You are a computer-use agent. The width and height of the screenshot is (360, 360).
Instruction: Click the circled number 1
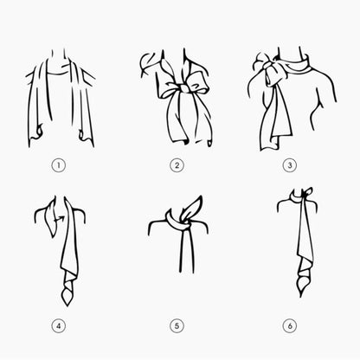[x=59, y=165]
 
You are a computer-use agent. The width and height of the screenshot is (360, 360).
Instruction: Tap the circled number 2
[x=177, y=165]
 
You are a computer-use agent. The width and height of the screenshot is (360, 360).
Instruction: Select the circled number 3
[x=289, y=165]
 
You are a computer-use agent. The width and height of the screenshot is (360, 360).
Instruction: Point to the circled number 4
[x=59, y=326]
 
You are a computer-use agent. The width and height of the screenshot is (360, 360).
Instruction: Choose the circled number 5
[x=177, y=326]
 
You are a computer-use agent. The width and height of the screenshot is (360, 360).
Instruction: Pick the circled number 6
[x=289, y=326]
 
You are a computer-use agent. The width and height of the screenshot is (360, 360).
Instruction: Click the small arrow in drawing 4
[x=60, y=220]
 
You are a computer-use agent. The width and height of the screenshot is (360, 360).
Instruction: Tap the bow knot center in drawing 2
[x=183, y=87]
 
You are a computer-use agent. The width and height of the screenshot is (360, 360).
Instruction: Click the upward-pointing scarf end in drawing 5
[x=191, y=208]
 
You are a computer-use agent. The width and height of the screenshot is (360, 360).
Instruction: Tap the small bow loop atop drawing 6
[x=308, y=192]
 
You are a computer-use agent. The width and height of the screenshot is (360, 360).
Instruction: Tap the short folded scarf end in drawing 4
[x=51, y=219]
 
